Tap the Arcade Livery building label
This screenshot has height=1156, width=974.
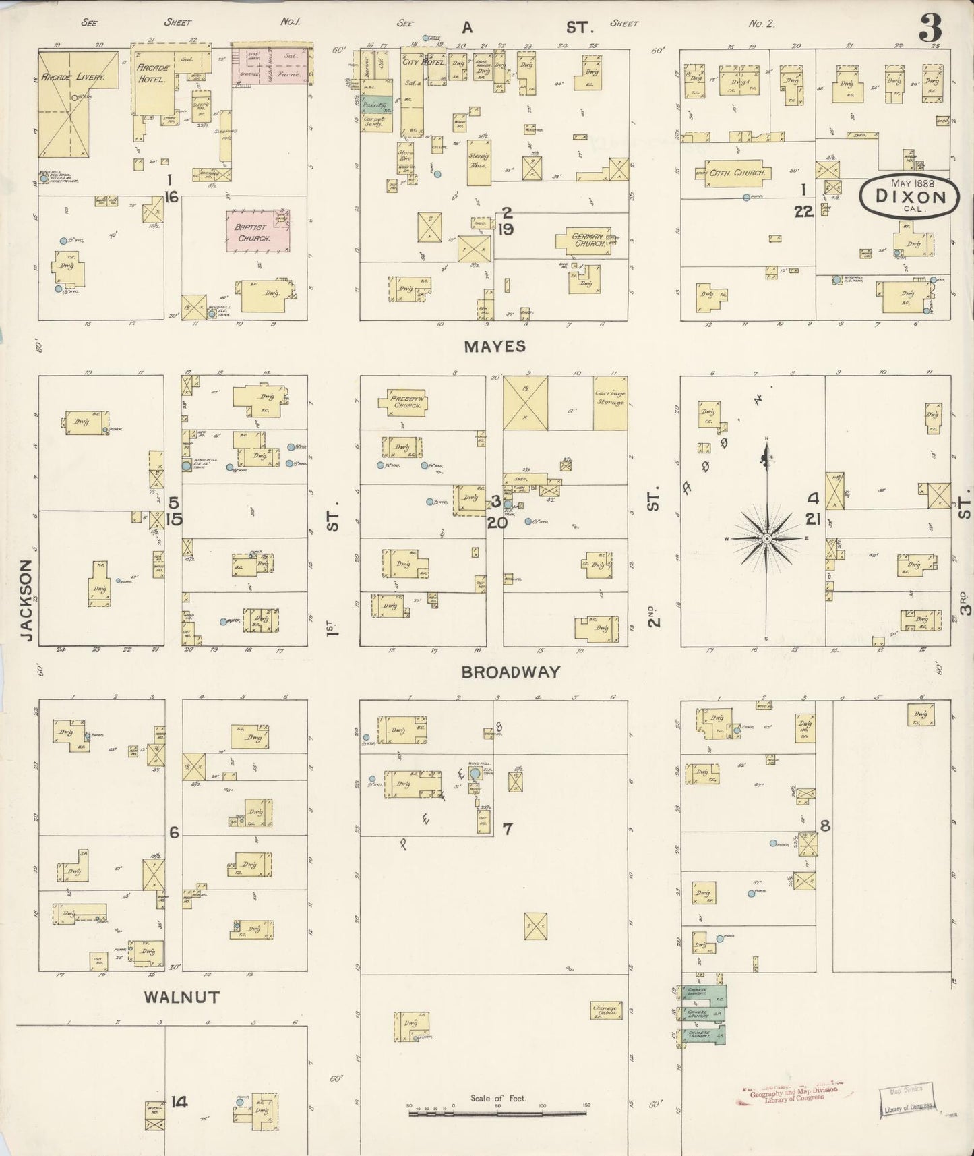point(73,77)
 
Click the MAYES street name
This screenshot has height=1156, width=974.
point(494,347)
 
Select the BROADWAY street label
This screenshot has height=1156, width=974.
point(510,672)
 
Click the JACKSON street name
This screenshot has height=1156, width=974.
point(26,600)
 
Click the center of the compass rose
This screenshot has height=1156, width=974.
point(766,539)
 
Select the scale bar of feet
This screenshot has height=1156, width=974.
point(497,1113)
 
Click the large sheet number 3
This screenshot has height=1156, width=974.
point(930,28)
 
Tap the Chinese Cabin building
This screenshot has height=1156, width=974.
point(605,1010)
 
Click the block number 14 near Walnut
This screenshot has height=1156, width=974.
point(179,1102)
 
